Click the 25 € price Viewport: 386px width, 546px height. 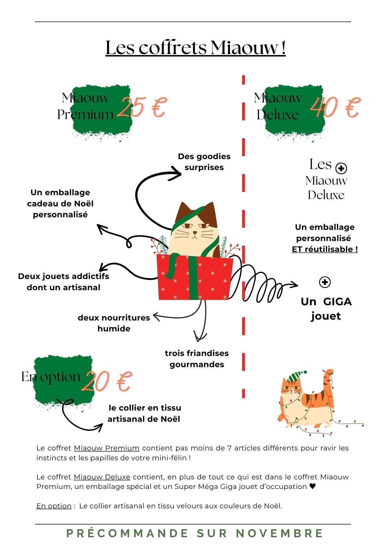tap(142, 107)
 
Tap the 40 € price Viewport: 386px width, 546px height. tap(335, 107)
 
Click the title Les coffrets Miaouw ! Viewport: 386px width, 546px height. tap(195, 48)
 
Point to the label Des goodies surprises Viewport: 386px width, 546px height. tap(204, 162)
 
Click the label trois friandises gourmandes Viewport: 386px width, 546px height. tap(197, 359)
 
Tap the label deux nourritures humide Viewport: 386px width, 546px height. tap(114, 323)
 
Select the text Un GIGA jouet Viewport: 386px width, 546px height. tap(326, 309)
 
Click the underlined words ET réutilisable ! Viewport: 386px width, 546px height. tap(325, 249)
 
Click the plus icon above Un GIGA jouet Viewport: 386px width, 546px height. tap(325, 282)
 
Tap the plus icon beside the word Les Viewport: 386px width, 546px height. tap(341, 168)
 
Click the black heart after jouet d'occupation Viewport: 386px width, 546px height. tap(313, 486)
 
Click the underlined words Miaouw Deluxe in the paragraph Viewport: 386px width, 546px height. tap(102, 477)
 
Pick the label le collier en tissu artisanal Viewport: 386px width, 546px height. tap(144, 413)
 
